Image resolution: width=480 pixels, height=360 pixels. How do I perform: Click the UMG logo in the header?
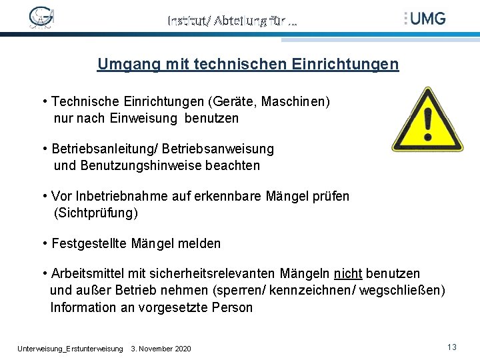click(425, 18)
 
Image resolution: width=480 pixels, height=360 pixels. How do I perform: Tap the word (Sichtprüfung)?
click(95, 213)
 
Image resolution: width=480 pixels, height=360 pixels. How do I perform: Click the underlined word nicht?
click(348, 274)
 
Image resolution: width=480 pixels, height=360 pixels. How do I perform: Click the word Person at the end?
click(232, 308)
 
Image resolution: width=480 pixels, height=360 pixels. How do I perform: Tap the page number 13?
click(452, 347)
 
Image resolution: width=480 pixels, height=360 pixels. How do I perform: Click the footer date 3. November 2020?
click(161, 349)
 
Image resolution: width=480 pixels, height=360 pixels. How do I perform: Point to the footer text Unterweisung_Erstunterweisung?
click(70, 349)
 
